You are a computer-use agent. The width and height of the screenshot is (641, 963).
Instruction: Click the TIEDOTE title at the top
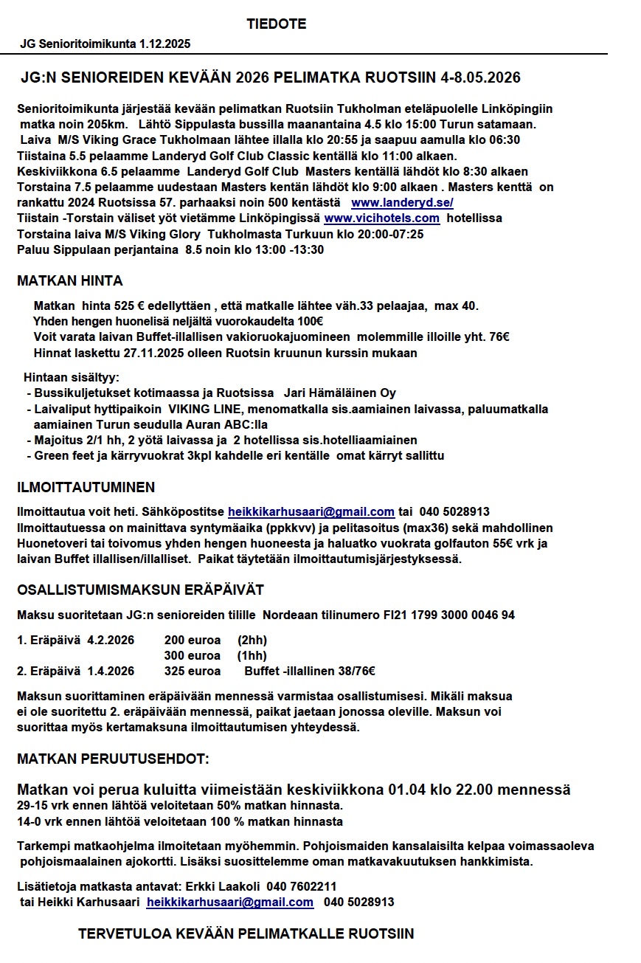click(277, 24)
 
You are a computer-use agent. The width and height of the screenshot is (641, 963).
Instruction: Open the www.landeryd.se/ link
click(402, 202)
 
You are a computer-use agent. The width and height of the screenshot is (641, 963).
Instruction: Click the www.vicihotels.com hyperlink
click(382, 218)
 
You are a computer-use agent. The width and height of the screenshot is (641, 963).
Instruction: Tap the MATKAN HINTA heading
click(70, 281)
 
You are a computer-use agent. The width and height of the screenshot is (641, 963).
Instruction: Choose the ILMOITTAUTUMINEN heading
click(86, 488)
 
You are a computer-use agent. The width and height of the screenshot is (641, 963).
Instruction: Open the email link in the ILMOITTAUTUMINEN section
click(311, 512)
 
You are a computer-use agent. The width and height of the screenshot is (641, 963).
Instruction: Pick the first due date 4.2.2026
click(111, 640)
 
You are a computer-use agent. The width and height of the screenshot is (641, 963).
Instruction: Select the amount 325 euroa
click(193, 672)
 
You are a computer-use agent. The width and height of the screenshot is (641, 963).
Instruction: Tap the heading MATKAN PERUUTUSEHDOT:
click(113, 759)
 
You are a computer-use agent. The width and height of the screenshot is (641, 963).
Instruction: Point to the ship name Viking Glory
click(168, 235)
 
